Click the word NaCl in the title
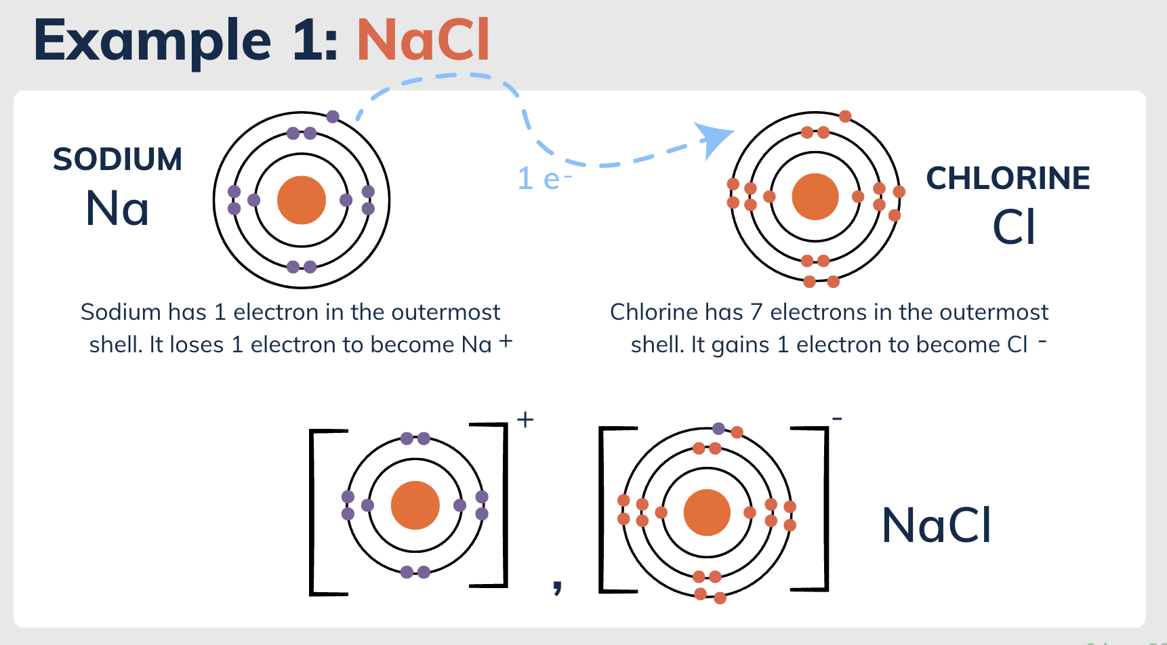pyautogui.click(x=423, y=40)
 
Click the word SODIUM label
pyautogui.click(x=118, y=160)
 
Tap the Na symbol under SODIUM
pyautogui.click(x=117, y=208)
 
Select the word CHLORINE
pyautogui.click(x=1008, y=179)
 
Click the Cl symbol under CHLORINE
pyautogui.click(x=1014, y=227)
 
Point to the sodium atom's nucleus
pyautogui.click(x=302, y=200)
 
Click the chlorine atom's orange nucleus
pyautogui.click(x=815, y=197)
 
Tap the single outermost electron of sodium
pyautogui.click(x=333, y=117)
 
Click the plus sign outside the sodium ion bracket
pyautogui.click(x=525, y=420)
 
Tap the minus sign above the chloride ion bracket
pyautogui.click(x=838, y=419)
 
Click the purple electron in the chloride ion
pyautogui.click(x=718, y=428)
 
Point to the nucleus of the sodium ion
pyautogui.click(x=415, y=505)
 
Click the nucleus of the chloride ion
pyautogui.click(x=707, y=512)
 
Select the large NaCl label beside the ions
pyautogui.click(x=937, y=525)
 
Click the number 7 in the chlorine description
pyautogui.click(x=756, y=312)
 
